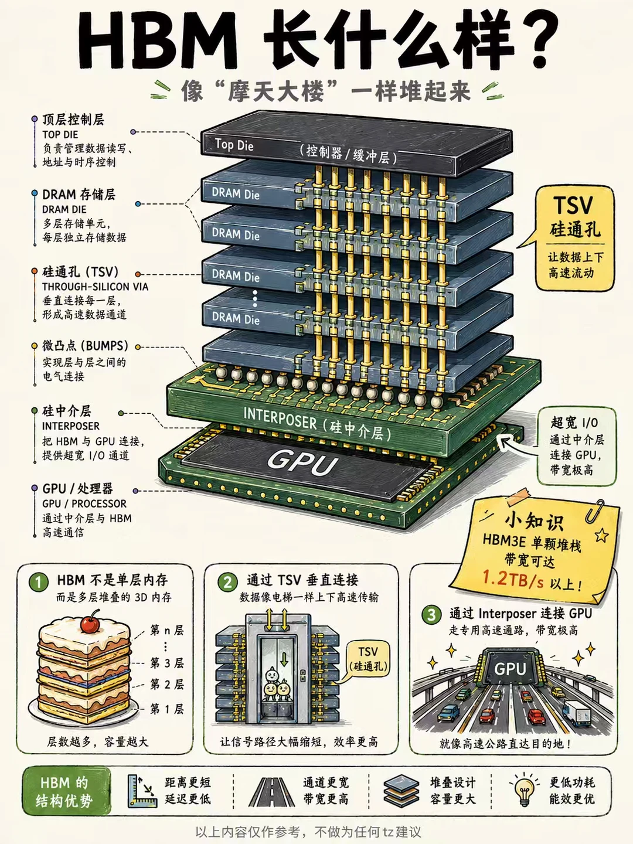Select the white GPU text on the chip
[302, 464]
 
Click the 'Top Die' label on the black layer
[234, 144]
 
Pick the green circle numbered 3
[431, 614]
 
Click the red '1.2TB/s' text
[513, 580]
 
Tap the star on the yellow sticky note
[601, 535]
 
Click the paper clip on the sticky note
[595, 511]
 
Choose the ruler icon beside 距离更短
[142, 791]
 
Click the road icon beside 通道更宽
[271, 792]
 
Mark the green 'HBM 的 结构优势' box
[66, 791]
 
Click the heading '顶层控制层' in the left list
[73, 120]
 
